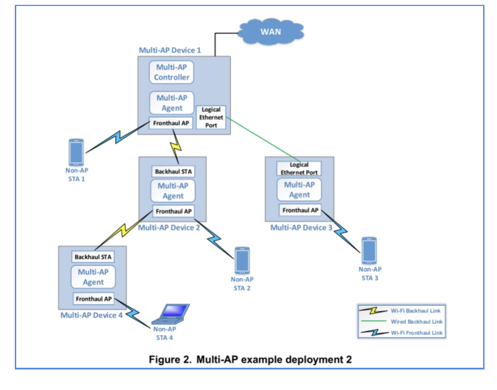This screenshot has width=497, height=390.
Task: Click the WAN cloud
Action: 270,32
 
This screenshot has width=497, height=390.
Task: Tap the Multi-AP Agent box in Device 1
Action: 171,103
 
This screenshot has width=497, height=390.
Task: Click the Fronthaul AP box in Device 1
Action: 171,124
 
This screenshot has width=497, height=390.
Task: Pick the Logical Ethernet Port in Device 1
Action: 211,117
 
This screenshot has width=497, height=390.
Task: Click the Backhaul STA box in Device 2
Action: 173,172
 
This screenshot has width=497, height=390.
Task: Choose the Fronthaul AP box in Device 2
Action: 173,211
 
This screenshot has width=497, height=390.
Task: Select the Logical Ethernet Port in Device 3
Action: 299,168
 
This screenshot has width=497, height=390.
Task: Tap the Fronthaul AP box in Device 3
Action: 300,210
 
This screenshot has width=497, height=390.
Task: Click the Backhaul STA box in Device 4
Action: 93,256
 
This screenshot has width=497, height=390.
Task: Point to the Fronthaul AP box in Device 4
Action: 93,299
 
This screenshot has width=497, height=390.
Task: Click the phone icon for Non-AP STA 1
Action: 76,152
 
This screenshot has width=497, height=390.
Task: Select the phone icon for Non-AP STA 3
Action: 369,251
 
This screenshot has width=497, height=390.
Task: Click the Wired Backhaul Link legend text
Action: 417,322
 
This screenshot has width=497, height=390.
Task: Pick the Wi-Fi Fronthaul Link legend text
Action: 417,333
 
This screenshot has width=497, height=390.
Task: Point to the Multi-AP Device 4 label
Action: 92,315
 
